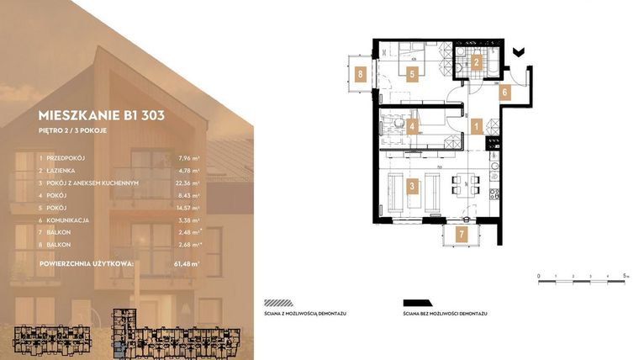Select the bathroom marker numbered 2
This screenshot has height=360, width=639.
pyautogui.click(x=476, y=61)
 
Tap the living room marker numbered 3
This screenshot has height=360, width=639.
pyautogui.click(x=412, y=188)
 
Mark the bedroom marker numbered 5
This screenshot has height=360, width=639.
pyautogui.click(x=412, y=73)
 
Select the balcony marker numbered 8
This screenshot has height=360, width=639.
pyautogui.click(x=360, y=73)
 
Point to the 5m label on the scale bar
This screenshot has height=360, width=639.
pyautogui.click(x=626, y=276)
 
